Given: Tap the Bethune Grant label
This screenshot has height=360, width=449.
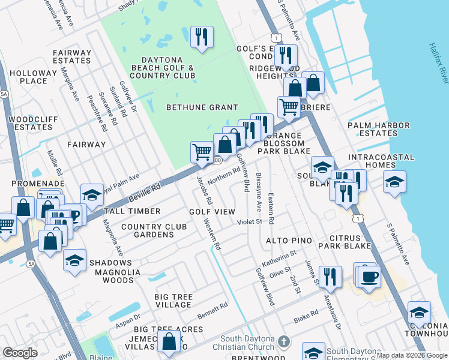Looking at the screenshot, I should pyautogui.click(x=197, y=107).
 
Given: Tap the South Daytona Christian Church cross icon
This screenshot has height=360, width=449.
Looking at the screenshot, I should pyautogui.click(x=285, y=341).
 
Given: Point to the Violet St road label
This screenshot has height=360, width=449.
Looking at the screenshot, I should pyautogui.click(x=249, y=221).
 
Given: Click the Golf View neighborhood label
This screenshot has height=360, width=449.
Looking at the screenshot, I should pyautogui.click(x=212, y=212).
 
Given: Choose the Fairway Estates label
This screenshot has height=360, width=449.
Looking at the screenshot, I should pyautogui.click(x=71, y=56).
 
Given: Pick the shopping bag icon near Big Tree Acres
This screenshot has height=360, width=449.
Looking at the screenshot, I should pyautogui.click(x=170, y=341).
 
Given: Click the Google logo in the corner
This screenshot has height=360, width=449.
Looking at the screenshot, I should pyautogui.click(x=20, y=353).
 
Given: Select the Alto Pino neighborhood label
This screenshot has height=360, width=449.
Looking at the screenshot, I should pyautogui.click(x=289, y=241).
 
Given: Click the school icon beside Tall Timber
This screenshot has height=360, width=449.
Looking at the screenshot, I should pyautogui.click(x=91, y=195).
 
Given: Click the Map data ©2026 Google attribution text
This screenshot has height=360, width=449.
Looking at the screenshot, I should pyautogui.click(x=412, y=355).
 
